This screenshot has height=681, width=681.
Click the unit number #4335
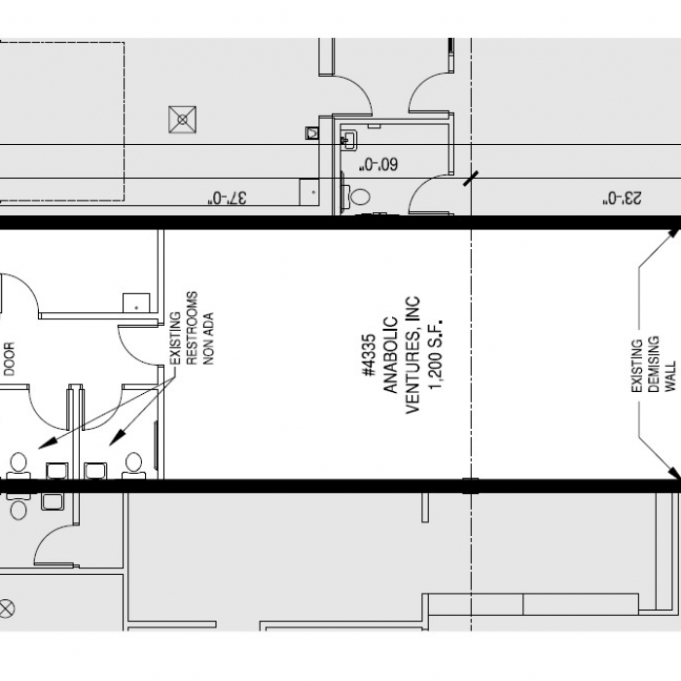tap(369, 355)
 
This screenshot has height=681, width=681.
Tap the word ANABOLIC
tap(390, 355)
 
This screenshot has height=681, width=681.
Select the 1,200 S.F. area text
tap(435, 355)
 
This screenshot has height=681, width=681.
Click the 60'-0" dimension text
tap(377, 164)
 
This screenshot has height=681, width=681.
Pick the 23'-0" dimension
tap(622, 198)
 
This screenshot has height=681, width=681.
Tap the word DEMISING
tap(654, 364)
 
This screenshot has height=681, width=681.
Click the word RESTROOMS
tap(192, 328)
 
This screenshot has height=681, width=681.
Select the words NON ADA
tap(208, 339)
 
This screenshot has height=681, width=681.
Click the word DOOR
tap(9, 359)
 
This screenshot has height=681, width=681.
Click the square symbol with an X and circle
tap(183, 120)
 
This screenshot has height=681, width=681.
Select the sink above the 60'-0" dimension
tap(348, 140)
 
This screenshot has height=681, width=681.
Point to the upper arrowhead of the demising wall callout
tap(673, 233)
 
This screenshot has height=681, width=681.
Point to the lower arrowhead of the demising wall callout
tap(673, 473)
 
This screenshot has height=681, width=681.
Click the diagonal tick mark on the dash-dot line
tap(471, 178)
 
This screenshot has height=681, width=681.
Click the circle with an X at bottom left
tap(7, 608)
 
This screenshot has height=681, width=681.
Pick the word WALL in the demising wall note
tap(670, 376)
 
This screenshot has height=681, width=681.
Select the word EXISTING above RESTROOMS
tap(174, 339)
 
